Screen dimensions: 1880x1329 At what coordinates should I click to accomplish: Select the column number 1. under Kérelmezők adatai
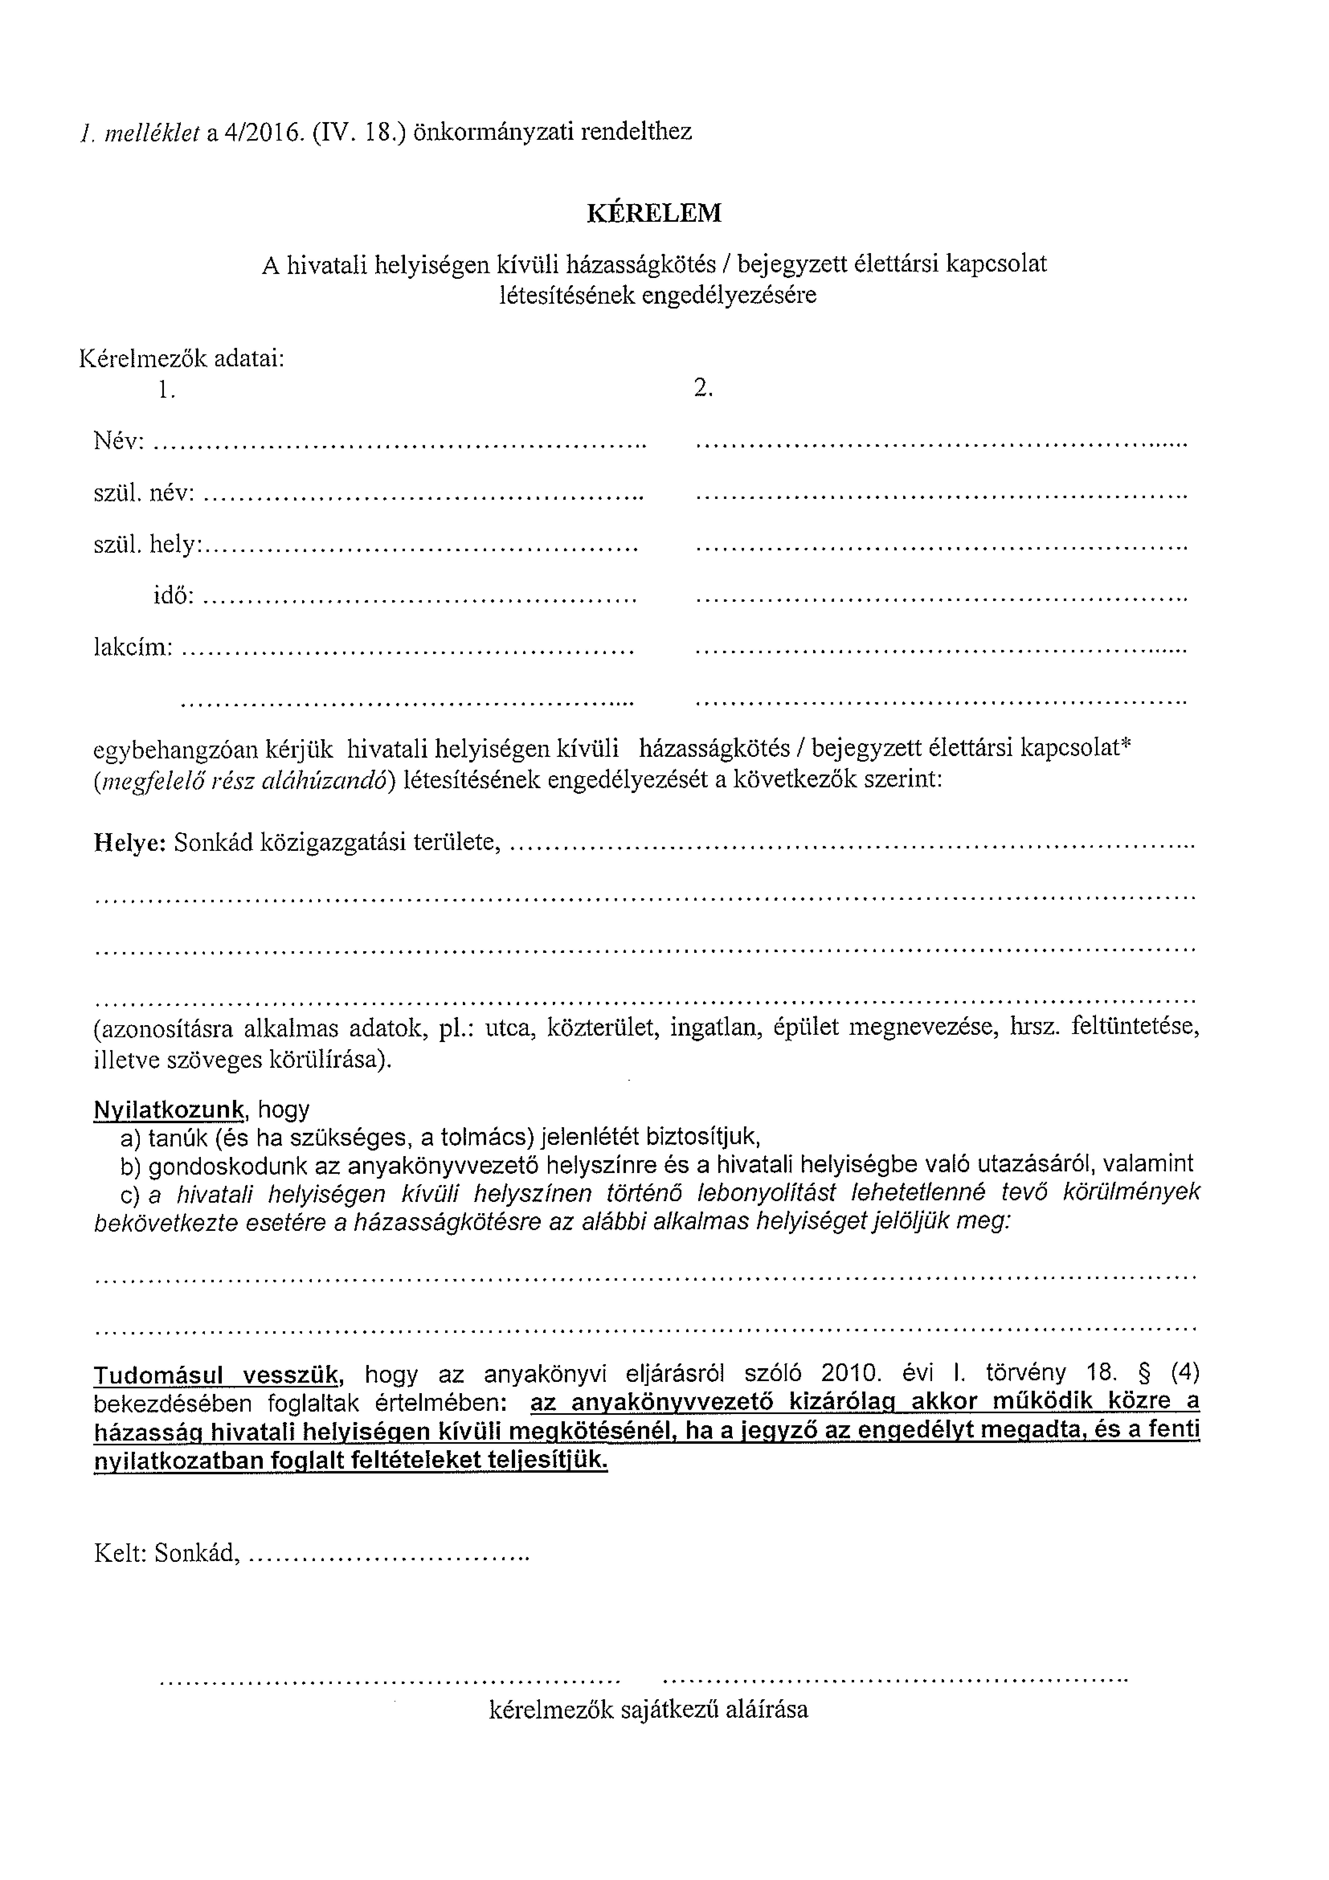coord(167,390)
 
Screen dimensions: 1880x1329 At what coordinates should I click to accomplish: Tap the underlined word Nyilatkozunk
coord(169,1110)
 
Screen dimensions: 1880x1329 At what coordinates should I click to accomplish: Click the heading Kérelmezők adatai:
coord(182,359)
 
